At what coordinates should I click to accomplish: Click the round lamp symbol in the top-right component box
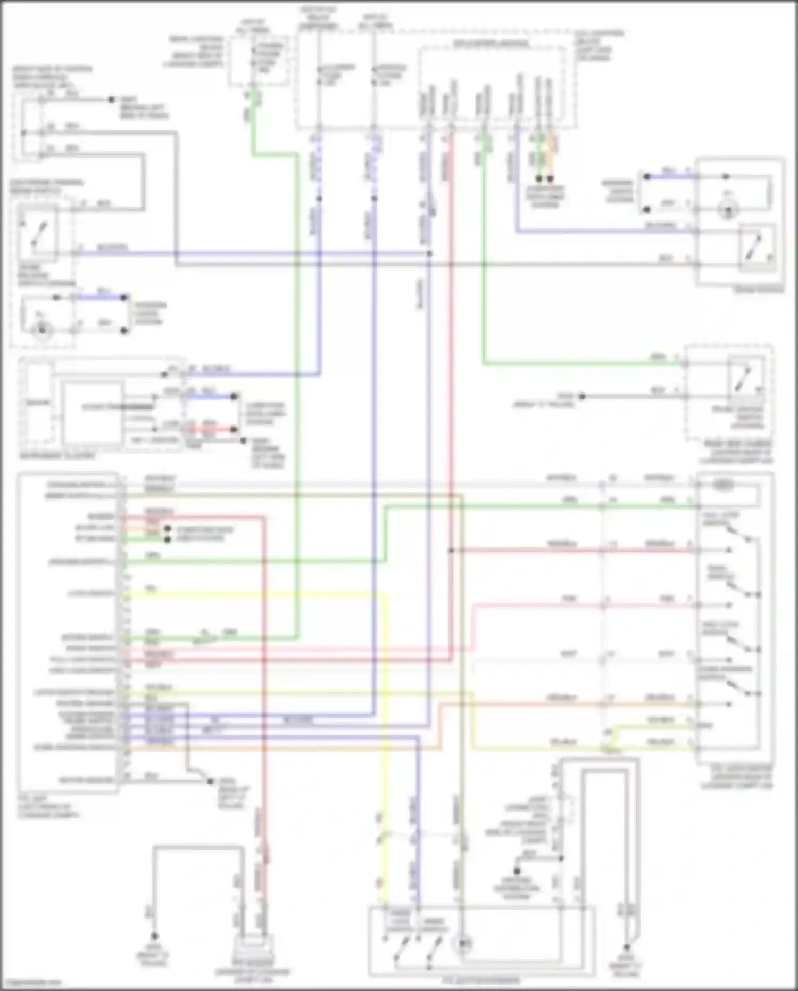tap(728, 210)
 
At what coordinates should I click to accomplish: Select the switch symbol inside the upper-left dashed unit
tap(38, 234)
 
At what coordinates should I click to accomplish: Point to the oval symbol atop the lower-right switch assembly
tap(722, 485)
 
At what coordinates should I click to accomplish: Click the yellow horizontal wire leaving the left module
tap(255, 594)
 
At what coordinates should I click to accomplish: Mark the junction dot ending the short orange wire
tap(551, 179)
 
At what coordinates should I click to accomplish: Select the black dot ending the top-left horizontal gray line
tap(111, 100)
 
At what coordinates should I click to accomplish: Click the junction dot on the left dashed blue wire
tap(319, 199)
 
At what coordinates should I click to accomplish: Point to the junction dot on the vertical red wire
tap(451, 550)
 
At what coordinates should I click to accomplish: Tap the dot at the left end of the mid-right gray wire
tap(582, 397)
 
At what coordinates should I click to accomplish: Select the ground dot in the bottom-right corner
tap(626, 948)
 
